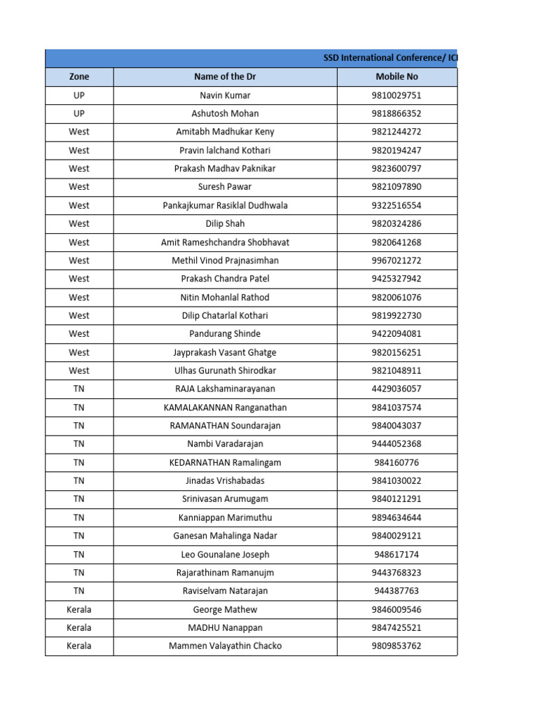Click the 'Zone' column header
coord(79,77)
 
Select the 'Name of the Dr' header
coord(225,77)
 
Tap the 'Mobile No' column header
coord(396,77)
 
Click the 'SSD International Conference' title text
coord(389,59)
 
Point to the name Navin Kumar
coord(225,95)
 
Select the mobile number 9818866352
coord(396,113)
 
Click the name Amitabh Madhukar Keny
coord(225,132)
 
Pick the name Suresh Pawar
coord(225,187)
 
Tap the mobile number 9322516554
coord(396,205)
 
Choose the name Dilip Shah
coord(225,223)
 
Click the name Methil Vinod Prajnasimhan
coord(225,260)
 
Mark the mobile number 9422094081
coord(396,334)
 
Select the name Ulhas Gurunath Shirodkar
coord(225,370)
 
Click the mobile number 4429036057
coord(396,389)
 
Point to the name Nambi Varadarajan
coord(225,444)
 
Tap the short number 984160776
coord(396,462)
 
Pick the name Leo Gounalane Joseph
coord(225,555)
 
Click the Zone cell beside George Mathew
coord(79,609)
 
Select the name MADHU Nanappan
coord(225,627)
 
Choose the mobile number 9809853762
coord(396,646)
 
